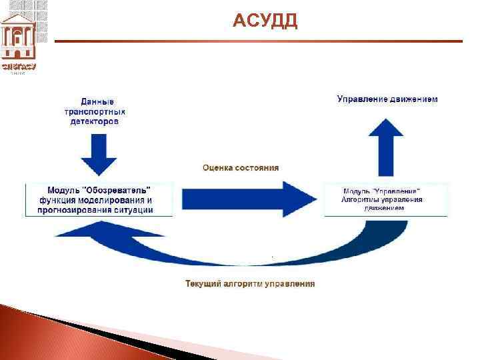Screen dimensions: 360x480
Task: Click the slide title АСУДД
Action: tap(265, 22)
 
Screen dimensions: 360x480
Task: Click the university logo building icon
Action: tap(19, 37)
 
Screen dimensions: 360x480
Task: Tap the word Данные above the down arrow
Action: tap(97, 102)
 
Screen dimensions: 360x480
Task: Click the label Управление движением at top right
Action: tap(387, 99)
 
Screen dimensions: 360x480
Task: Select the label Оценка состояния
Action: tap(241, 167)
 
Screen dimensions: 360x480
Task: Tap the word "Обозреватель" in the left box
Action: tap(126, 190)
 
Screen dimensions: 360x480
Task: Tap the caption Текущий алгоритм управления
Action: tap(250, 284)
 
